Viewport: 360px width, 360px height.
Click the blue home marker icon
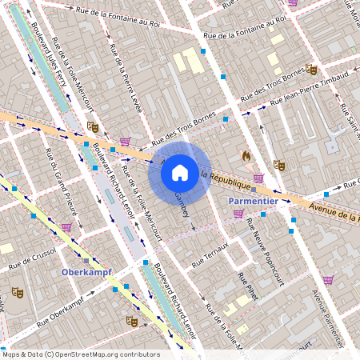179,172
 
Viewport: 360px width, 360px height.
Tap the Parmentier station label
253,200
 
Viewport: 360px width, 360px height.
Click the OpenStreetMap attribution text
82,354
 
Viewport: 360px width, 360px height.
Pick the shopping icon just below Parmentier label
238,213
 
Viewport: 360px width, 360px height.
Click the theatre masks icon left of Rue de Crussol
17,293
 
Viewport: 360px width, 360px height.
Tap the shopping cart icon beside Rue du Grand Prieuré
66,227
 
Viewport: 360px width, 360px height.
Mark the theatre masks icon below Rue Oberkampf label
131,321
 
